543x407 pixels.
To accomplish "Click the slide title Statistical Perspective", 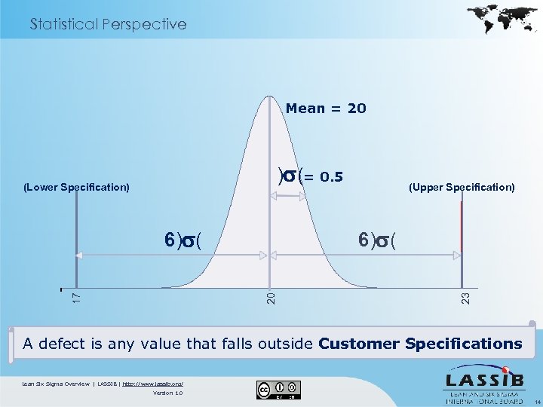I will tap(108, 24).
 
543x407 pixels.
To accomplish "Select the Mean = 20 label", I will tap(326, 109).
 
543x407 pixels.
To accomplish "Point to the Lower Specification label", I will tap(76, 186).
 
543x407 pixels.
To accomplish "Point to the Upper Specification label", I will tap(462, 186).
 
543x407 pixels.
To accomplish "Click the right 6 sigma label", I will tap(380, 240).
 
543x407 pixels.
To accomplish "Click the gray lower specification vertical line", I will tap(76, 241).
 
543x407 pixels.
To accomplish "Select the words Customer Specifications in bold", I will tap(420, 344).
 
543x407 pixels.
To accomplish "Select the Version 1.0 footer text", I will tap(167, 393).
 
